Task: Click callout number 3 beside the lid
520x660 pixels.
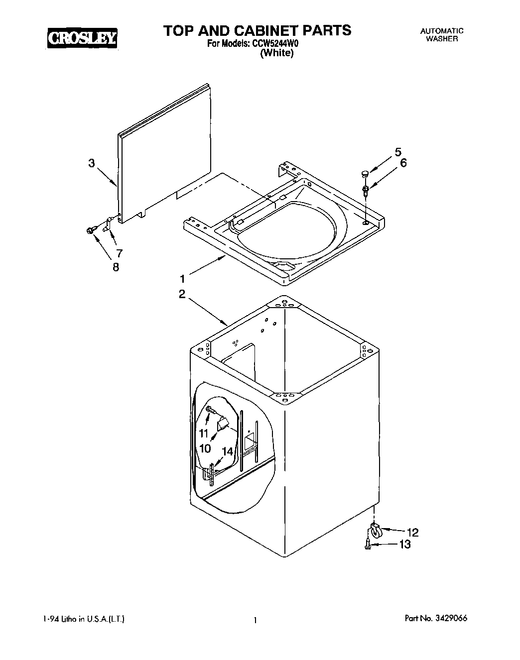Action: (92, 163)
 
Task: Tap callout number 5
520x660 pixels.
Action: (398, 152)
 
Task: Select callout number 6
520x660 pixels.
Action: (403, 163)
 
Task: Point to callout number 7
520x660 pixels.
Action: (119, 252)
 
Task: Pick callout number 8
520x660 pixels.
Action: (116, 267)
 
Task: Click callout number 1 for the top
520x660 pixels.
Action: (183, 278)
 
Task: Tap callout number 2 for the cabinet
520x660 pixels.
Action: (182, 294)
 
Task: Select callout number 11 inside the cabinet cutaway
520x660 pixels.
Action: (204, 432)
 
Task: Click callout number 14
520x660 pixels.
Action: (227, 451)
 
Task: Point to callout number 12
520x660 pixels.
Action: (413, 532)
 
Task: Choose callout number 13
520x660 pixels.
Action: (405, 545)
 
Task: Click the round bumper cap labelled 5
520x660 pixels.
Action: (365, 173)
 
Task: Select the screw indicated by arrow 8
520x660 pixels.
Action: (90, 230)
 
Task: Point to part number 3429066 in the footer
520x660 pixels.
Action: (450, 619)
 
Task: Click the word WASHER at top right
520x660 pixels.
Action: (442, 39)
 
